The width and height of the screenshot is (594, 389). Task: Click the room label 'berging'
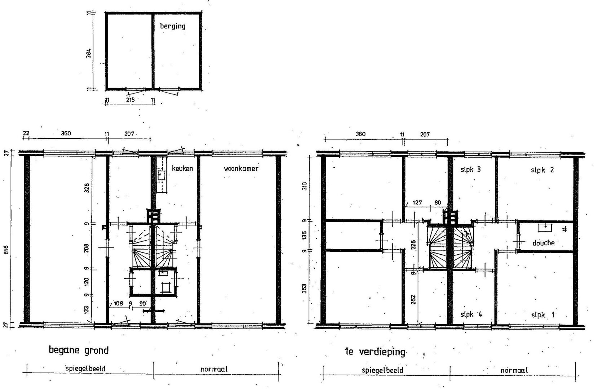tap(173, 26)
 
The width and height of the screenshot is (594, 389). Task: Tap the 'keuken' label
tap(182, 168)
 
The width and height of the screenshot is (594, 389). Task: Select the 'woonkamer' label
tap(241, 169)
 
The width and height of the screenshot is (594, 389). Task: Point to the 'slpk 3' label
tap(470, 170)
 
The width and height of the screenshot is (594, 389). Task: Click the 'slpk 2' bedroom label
tap(542, 170)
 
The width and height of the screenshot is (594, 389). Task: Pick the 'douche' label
tap(543, 243)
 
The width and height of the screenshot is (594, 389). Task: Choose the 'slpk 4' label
tap(471, 314)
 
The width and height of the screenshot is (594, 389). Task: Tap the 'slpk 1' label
tap(543, 315)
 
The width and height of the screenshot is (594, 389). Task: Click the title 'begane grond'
tap(79, 350)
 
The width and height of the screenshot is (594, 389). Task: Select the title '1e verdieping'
tap(375, 352)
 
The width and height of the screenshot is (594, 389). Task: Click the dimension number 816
tap(6, 250)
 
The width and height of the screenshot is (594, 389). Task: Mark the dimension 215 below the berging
tap(130, 100)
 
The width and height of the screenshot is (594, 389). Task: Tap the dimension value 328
tap(87, 188)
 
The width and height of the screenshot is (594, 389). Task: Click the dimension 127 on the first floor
tap(417, 203)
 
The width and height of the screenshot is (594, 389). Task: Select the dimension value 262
tap(413, 300)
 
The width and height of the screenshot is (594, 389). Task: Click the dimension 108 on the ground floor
tap(118, 303)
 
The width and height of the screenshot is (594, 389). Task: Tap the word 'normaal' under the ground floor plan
tap(214, 369)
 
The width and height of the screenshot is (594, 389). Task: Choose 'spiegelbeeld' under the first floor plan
tap(382, 370)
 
